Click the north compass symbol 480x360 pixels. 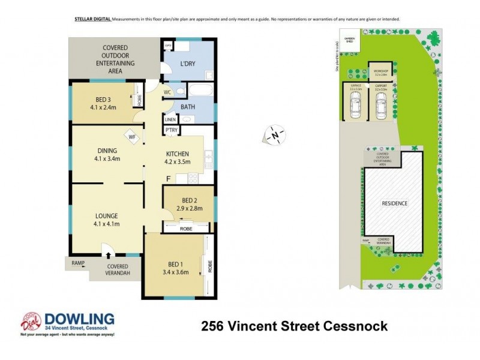point(275,136)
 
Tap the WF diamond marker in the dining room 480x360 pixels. point(131,136)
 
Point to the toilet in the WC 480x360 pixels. point(181,91)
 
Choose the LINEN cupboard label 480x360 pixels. point(171,119)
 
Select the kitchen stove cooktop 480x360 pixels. point(194,178)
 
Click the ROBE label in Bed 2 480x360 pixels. point(186,229)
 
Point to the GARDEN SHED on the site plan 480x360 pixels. point(349,40)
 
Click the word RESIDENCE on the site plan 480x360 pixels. point(394,203)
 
